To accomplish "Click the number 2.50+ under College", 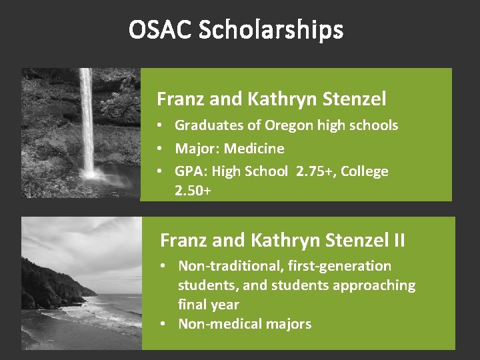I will pyautogui.click(x=193, y=190).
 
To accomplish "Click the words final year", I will pyautogui.click(x=208, y=305).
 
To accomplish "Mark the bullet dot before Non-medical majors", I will pyautogui.click(x=164, y=324).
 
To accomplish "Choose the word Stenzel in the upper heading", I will pyautogui.click(x=355, y=100).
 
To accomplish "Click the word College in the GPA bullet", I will pyautogui.click(x=364, y=171).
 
